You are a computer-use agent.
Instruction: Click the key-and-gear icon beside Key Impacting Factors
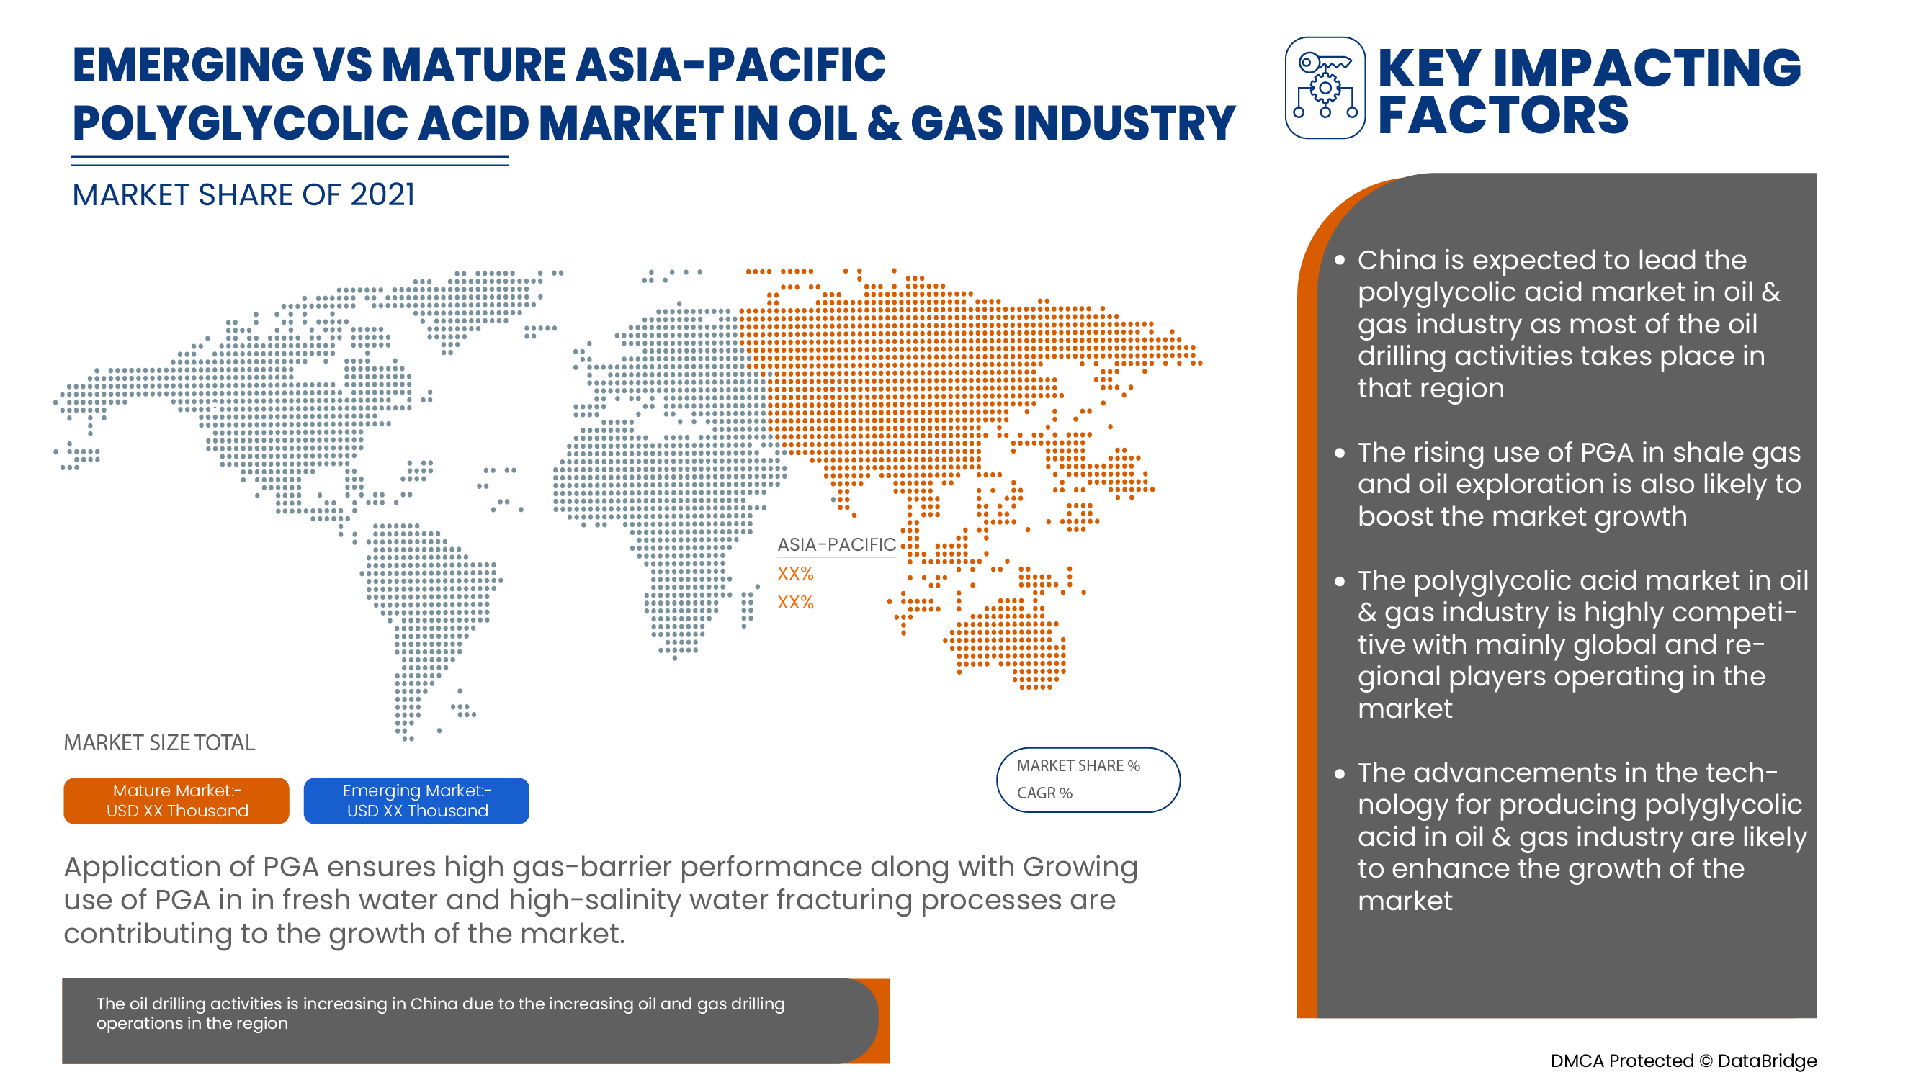point(1325,88)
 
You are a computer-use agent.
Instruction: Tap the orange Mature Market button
point(176,801)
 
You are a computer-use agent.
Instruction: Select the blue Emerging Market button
point(416,801)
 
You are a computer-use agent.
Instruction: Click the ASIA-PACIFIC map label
point(836,545)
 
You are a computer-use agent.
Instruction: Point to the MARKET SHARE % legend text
point(1078,765)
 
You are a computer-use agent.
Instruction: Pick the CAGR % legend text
point(1044,793)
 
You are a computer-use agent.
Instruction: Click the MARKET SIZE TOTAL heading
point(159,742)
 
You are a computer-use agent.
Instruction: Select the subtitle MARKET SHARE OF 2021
point(243,195)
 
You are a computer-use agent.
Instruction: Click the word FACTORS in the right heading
point(1502,115)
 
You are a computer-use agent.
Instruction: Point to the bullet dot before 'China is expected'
point(1339,260)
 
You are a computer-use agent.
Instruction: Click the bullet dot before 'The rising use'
point(1339,452)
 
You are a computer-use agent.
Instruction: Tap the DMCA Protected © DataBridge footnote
point(1683,1061)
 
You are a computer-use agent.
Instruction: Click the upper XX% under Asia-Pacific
point(795,573)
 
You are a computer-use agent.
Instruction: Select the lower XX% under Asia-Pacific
point(795,602)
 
